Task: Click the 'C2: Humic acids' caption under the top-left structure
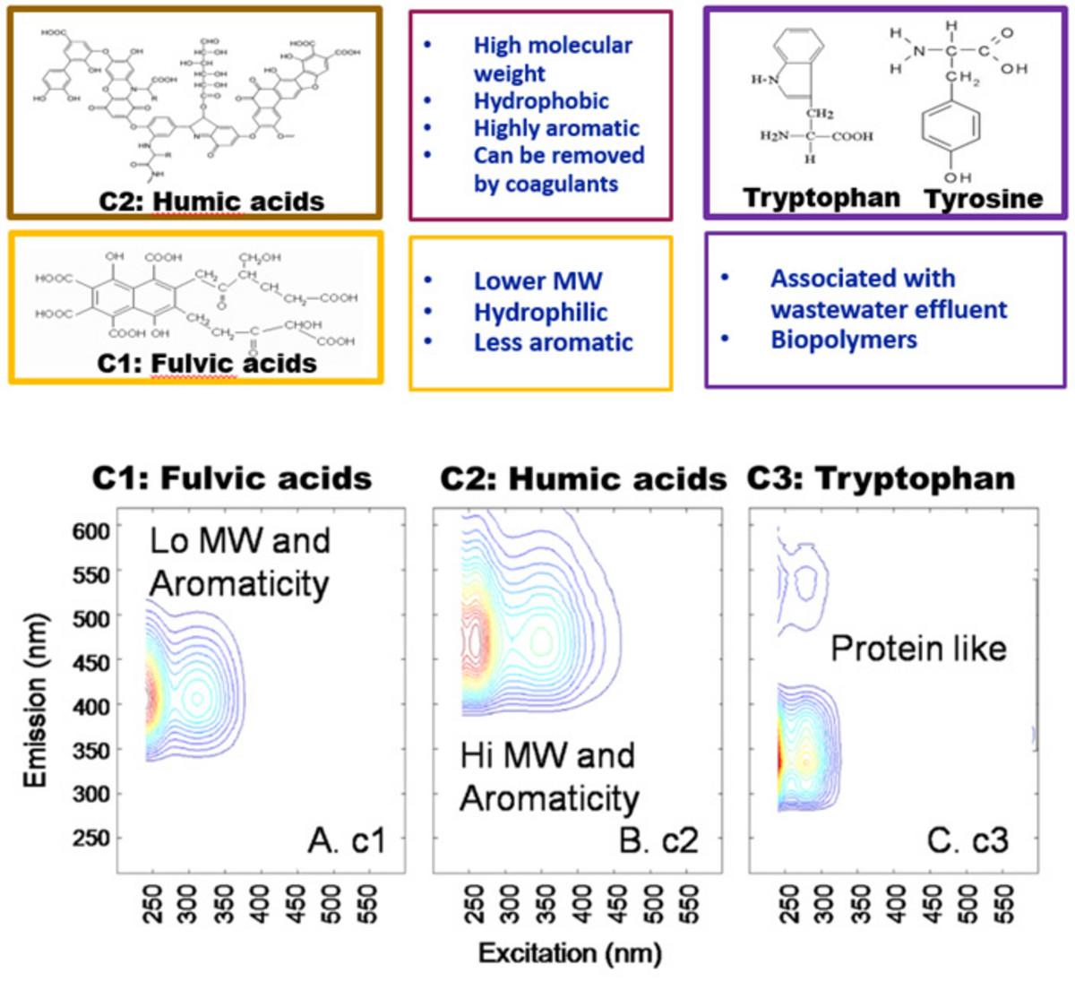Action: point(211,201)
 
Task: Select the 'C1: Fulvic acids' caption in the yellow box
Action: point(207,364)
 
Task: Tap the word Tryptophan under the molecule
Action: point(821,198)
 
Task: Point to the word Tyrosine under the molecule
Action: point(984,199)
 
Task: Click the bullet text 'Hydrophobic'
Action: point(541,101)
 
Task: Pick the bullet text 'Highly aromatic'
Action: point(556,128)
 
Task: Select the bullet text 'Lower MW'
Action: point(537,281)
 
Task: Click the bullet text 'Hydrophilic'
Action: point(540,313)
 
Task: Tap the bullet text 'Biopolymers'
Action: point(844,340)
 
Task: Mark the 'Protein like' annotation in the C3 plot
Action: point(918,648)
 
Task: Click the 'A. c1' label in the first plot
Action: point(347,841)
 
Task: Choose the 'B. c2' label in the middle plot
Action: point(658,841)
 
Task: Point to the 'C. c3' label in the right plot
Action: point(967,841)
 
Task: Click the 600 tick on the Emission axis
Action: point(90,530)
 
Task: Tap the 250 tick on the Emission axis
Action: point(90,838)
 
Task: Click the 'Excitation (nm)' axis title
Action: point(570,953)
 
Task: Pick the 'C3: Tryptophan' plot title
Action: point(881,479)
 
